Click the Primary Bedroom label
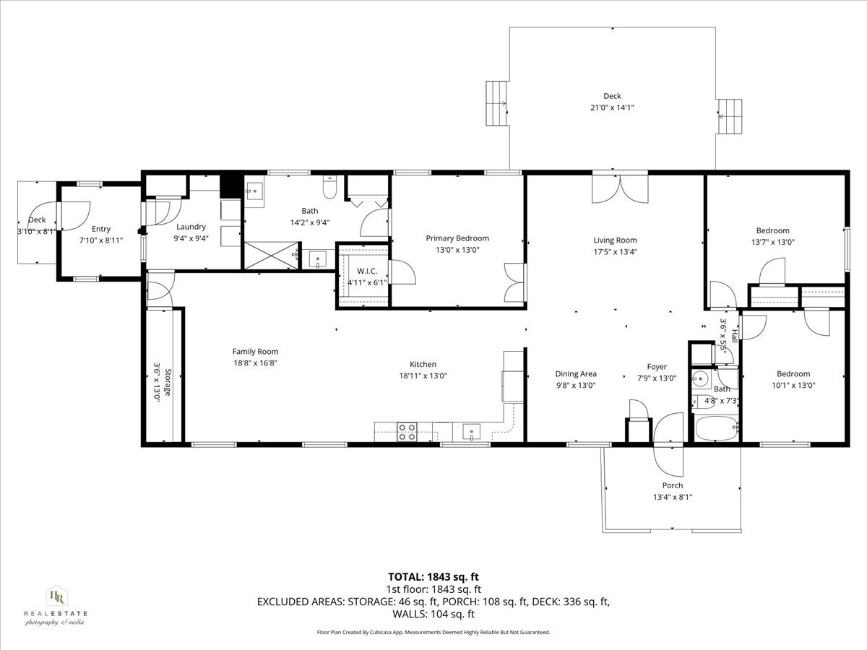click(x=457, y=238)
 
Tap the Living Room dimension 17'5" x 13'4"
click(x=615, y=252)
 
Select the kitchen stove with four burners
click(x=407, y=432)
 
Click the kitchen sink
click(x=471, y=433)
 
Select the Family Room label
click(x=255, y=352)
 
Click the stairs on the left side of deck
click(x=497, y=103)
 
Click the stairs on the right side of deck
click(x=730, y=116)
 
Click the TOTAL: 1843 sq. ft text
click(x=433, y=576)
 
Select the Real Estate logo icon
click(x=56, y=596)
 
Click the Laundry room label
click(x=191, y=227)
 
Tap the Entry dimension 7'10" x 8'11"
click(x=100, y=240)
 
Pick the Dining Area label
click(x=576, y=373)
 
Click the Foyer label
click(x=657, y=367)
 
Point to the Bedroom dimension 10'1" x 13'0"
click(x=793, y=385)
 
